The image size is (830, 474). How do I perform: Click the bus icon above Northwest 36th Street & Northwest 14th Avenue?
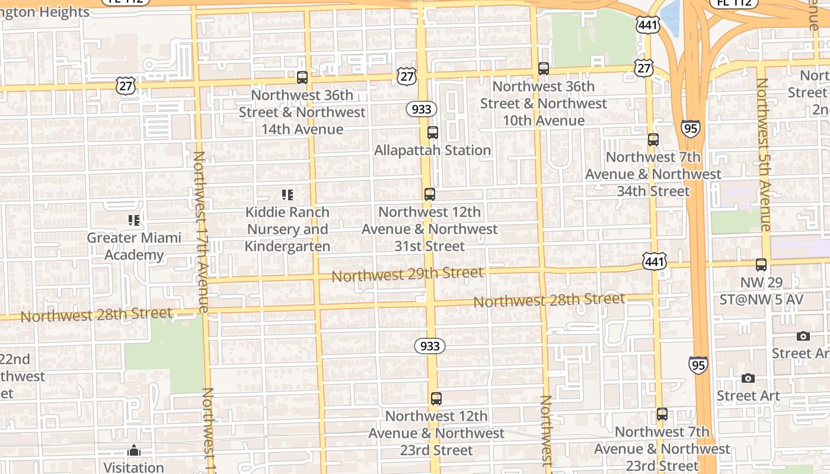[302, 77]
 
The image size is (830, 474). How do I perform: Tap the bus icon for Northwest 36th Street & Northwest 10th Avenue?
[544, 68]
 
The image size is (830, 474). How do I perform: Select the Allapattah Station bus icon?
[433, 132]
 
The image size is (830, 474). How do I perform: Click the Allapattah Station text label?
[432, 150]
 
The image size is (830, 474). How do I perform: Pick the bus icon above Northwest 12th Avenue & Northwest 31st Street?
[430, 194]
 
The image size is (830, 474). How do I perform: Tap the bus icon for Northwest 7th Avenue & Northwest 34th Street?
[653, 140]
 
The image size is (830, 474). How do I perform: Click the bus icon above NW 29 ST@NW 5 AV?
[761, 265]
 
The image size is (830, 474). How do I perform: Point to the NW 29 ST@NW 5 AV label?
[761, 291]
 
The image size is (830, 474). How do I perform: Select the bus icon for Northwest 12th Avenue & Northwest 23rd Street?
[436, 398]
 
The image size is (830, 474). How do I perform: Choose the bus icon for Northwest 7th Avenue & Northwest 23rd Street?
[662, 414]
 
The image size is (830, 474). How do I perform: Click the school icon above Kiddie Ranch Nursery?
[288, 194]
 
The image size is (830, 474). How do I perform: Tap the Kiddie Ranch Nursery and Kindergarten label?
[288, 229]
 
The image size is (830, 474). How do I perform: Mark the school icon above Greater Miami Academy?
[134, 220]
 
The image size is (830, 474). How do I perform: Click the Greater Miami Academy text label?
[134, 246]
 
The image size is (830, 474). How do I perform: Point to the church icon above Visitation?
[134, 450]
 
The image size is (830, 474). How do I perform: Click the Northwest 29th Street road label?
[407, 274]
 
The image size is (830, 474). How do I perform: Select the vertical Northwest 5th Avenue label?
[764, 154]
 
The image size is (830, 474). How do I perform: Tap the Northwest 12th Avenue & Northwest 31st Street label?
[430, 229]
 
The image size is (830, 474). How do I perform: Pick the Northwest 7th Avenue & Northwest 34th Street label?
[653, 174]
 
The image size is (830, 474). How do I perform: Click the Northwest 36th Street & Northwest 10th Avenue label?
[544, 103]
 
